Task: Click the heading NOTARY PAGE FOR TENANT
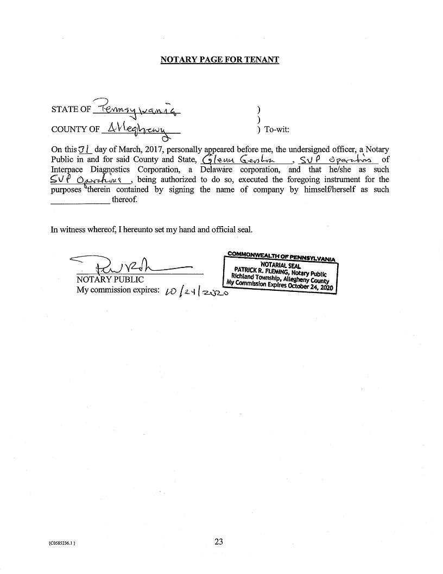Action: click(219, 59)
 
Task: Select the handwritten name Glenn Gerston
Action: click(239, 159)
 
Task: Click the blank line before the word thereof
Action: click(80, 200)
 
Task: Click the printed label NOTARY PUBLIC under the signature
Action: click(110, 279)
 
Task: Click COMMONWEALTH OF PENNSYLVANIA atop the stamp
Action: click(281, 255)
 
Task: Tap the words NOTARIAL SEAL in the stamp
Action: click(281, 265)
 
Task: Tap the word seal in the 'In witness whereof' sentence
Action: click(244, 229)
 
